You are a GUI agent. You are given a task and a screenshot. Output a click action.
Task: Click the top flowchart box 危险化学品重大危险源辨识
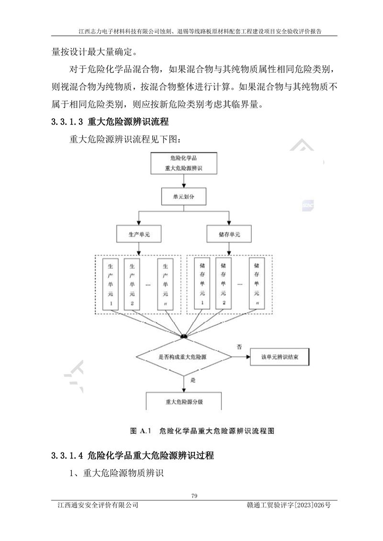[x=184, y=163]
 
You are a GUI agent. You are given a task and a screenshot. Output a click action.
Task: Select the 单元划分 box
[x=184, y=197]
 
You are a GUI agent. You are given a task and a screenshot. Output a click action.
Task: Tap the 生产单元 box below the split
[x=139, y=234]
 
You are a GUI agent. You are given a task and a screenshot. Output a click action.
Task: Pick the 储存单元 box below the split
[x=229, y=234]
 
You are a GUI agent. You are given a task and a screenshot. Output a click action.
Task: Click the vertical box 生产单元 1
[x=111, y=284]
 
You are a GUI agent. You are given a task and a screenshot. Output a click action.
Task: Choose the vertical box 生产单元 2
[x=132, y=284]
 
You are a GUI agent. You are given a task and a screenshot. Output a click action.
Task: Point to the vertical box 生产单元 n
[x=166, y=284]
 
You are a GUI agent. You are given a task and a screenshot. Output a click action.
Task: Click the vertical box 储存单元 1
[x=202, y=284]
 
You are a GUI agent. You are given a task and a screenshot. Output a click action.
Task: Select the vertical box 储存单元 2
[x=224, y=284]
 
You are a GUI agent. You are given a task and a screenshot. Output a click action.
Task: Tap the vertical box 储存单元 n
[x=257, y=284]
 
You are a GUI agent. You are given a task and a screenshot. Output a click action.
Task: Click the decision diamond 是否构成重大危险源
[x=183, y=357]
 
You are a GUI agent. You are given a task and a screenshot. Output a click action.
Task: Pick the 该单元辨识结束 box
[x=280, y=357]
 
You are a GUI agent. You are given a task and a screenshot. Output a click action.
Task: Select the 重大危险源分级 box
[x=184, y=401]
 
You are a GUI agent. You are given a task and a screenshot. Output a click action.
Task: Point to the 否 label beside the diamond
[x=239, y=347]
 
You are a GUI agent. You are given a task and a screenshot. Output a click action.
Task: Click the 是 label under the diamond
[x=193, y=380]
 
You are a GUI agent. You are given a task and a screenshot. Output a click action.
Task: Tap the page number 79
[x=194, y=496]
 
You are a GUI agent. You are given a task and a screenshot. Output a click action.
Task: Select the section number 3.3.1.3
[x=67, y=122]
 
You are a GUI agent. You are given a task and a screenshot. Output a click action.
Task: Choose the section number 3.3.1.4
[x=67, y=455]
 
